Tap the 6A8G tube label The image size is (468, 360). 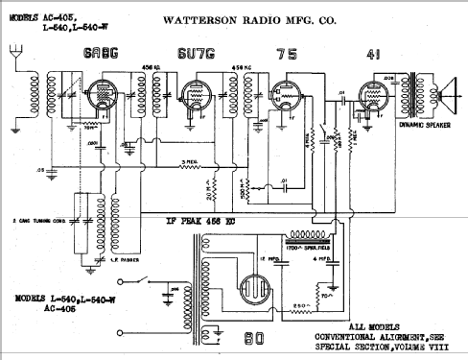[101, 55]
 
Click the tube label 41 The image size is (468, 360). [373, 55]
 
